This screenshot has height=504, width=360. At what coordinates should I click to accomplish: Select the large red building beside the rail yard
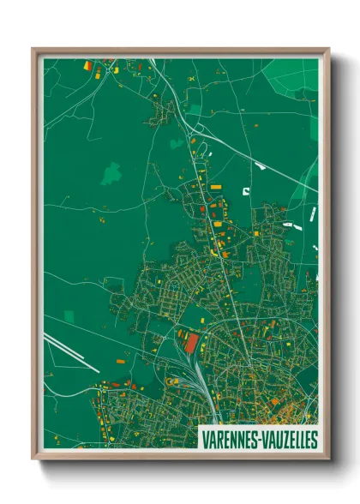pos(191,344)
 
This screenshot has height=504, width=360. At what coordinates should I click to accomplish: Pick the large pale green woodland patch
pos(111,173)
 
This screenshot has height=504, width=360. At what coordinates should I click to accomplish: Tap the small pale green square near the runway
pos(69,317)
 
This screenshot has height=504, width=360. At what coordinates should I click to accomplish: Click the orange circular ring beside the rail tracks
pos(181,332)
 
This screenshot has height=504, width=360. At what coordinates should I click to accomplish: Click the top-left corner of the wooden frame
pos(33,50)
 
